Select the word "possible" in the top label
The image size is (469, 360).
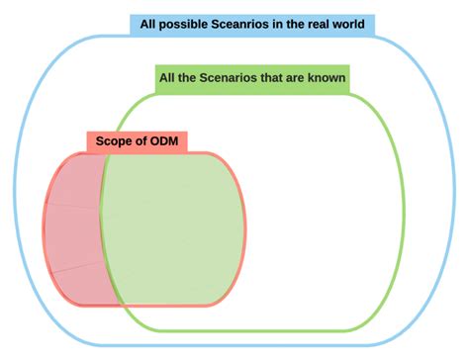(181, 24)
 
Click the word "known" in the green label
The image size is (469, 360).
(326, 78)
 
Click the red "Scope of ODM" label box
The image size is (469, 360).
(139, 140)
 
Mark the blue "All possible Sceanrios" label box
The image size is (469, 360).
(252, 24)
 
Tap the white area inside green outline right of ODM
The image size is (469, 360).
(317, 227)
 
